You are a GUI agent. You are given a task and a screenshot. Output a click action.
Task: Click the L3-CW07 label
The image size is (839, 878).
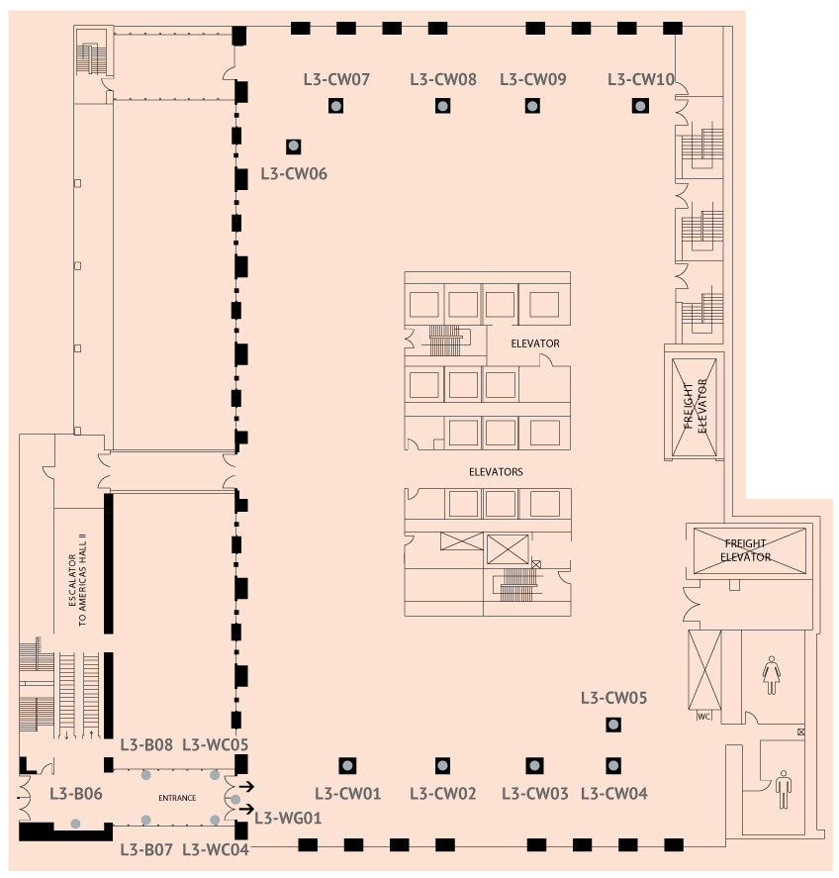click(336, 79)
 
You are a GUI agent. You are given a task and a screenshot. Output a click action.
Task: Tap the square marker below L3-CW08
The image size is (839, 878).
click(442, 106)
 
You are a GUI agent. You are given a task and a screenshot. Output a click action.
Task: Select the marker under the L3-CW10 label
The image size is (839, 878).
click(640, 106)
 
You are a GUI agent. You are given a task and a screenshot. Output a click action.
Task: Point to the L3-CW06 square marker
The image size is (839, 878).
click(293, 146)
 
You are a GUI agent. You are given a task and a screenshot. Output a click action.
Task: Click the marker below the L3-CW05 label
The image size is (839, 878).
click(613, 725)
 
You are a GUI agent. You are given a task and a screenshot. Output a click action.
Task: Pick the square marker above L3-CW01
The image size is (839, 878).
click(347, 765)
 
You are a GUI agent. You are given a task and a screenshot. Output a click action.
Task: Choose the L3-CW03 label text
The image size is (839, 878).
click(534, 794)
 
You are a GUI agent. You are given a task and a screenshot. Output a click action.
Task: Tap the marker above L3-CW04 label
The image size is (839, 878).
click(613, 765)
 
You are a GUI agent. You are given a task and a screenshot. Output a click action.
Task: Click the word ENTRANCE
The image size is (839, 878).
click(177, 798)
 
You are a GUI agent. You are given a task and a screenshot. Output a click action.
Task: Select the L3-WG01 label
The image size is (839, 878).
click(288, 818)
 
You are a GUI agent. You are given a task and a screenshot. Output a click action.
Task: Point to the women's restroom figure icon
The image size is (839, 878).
click(772, 676)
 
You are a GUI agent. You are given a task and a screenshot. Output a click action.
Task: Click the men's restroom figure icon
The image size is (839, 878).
click(784, 790)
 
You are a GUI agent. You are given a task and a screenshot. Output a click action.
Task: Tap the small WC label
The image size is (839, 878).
click(704, 717)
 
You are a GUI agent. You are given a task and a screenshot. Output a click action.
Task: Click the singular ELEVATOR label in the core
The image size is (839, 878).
click(535, 343)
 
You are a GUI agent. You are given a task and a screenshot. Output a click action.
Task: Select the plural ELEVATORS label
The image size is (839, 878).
click(496, 472)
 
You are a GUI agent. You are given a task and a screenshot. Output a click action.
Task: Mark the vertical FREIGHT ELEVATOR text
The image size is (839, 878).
click(696, 407)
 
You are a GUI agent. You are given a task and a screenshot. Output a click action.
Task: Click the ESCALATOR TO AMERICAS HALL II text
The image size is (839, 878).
click(77, 580)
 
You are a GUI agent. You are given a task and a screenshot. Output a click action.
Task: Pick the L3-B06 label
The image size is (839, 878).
click(76, 794)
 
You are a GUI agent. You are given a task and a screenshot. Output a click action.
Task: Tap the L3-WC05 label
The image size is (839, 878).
click(216, 744)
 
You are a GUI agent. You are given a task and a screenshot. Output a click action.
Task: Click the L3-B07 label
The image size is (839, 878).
click(146, 849)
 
